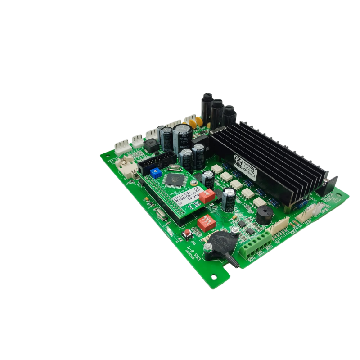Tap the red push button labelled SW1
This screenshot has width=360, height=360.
click(x=186, y=233)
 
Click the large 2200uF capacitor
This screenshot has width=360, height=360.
click(x=183, y=136)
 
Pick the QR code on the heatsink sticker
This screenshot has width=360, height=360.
click(x=238, y=161)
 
